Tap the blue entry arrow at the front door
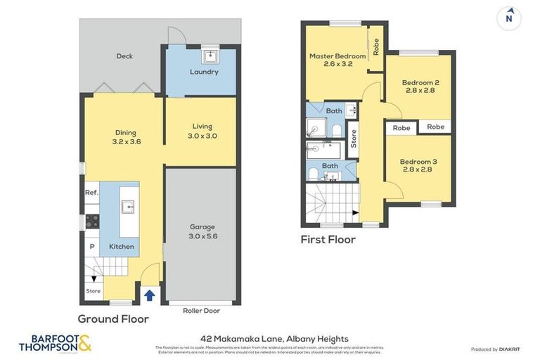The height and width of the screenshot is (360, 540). (149, 295)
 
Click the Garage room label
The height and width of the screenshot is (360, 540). (202, 231)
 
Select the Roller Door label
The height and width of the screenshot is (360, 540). (202, 310)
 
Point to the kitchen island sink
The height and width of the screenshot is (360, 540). (127, 207)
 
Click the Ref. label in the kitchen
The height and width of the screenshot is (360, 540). (91, 193)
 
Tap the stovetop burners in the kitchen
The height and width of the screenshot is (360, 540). (91, 221)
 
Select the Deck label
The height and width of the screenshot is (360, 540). (124, 56)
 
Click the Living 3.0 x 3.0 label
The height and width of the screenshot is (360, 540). (202, 131)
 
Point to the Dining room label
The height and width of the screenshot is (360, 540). (126, 136)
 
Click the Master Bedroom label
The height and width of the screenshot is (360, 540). (337, 60)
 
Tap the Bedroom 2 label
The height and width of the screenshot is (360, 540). (420, 86)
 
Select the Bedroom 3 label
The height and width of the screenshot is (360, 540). (418, 165)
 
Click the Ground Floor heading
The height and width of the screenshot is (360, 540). (113, 319)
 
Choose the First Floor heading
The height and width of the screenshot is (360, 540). (328, 240)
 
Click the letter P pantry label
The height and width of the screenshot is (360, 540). (91, 246)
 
